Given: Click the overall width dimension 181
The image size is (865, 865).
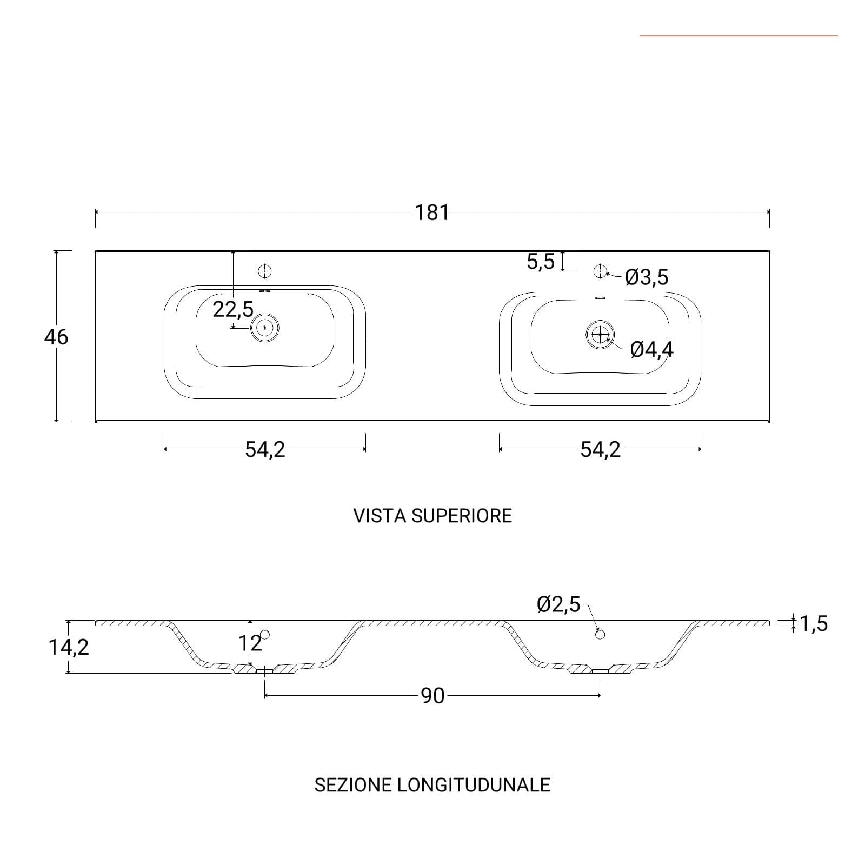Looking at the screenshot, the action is (432, 212).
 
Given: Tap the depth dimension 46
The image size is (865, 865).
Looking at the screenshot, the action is (56, 337).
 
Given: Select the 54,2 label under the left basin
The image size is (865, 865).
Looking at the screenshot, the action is (265, 449).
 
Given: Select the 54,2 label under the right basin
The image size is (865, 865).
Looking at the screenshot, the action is (600, 449).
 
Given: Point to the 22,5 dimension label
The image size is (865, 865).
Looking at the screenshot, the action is (233, 310).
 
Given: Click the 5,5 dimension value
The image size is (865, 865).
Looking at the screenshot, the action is (541, 262).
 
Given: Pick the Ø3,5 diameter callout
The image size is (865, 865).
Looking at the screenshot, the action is (647, 277).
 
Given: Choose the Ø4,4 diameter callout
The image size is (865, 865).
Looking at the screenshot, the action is (652, 350).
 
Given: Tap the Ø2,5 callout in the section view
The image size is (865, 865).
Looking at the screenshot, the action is (558, 604).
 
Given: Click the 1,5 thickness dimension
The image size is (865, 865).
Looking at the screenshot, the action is (814, 624).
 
